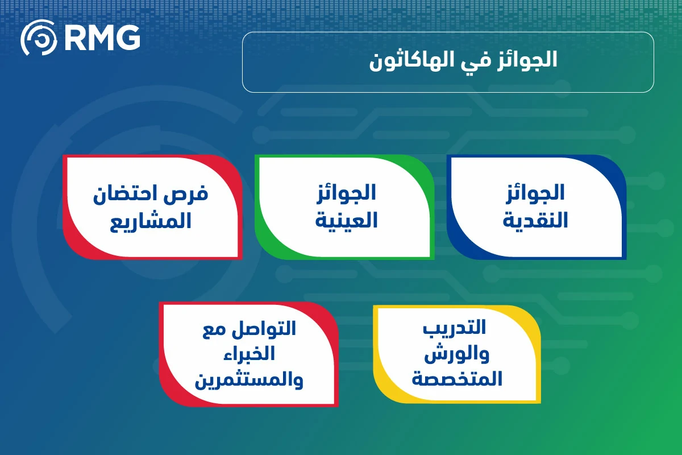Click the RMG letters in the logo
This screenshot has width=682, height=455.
(103, 38)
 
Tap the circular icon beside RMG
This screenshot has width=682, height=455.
(39, 38)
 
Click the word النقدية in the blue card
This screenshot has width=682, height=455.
(535, 220)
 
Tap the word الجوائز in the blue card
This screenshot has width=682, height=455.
(535, 193)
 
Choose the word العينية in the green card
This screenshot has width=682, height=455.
(346, 220)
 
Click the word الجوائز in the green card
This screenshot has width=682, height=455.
(346, 193)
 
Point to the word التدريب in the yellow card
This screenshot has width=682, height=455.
(454, 328)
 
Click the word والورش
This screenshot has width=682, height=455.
(457, 354)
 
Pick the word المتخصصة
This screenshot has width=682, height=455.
(457, 379)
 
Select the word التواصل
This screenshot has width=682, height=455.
(264, 329)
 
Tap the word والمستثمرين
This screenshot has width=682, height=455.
(249, 380)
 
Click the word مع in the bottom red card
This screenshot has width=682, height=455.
(214, 330)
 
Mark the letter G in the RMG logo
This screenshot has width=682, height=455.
(128, 38)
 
